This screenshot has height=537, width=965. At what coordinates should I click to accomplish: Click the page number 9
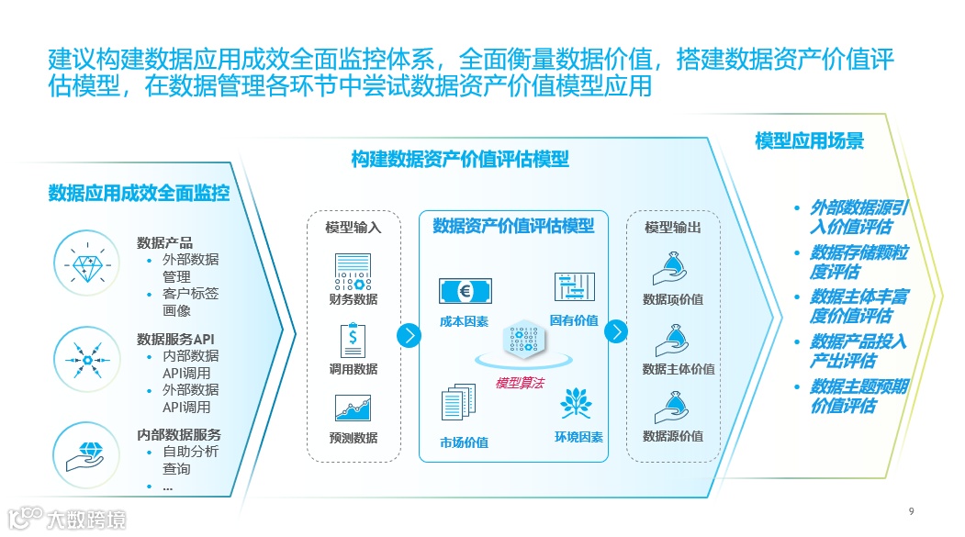pyautogui.click(x=911, y=511)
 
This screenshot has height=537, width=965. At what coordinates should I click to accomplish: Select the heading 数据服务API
pyautogui.click(x=178, y=339)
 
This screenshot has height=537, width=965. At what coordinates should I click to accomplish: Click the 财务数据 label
pyautogui.click(x=353, y=299)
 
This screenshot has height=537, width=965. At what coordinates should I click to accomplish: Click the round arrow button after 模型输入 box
pyautogui.click(x=409, y=335)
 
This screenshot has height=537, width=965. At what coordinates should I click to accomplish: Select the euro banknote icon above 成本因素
pyautogui.click(x=465, y=292)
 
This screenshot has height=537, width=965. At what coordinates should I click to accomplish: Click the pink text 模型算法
pyautogui.click(x=520, y=384)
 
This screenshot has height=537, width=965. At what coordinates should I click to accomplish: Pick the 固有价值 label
pyautogui.click(x=574, y=320)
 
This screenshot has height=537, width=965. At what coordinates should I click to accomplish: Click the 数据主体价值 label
pyautogui.click(x=679, y=369)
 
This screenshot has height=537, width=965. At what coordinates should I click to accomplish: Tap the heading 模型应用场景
pyautogui.click(x=809, y=141)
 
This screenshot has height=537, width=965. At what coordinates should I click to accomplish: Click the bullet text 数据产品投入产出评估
pyautogui.click(x=858, y=351)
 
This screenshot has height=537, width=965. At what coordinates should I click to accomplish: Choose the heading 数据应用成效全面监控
pyautogui.click(x=139, y=193)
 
